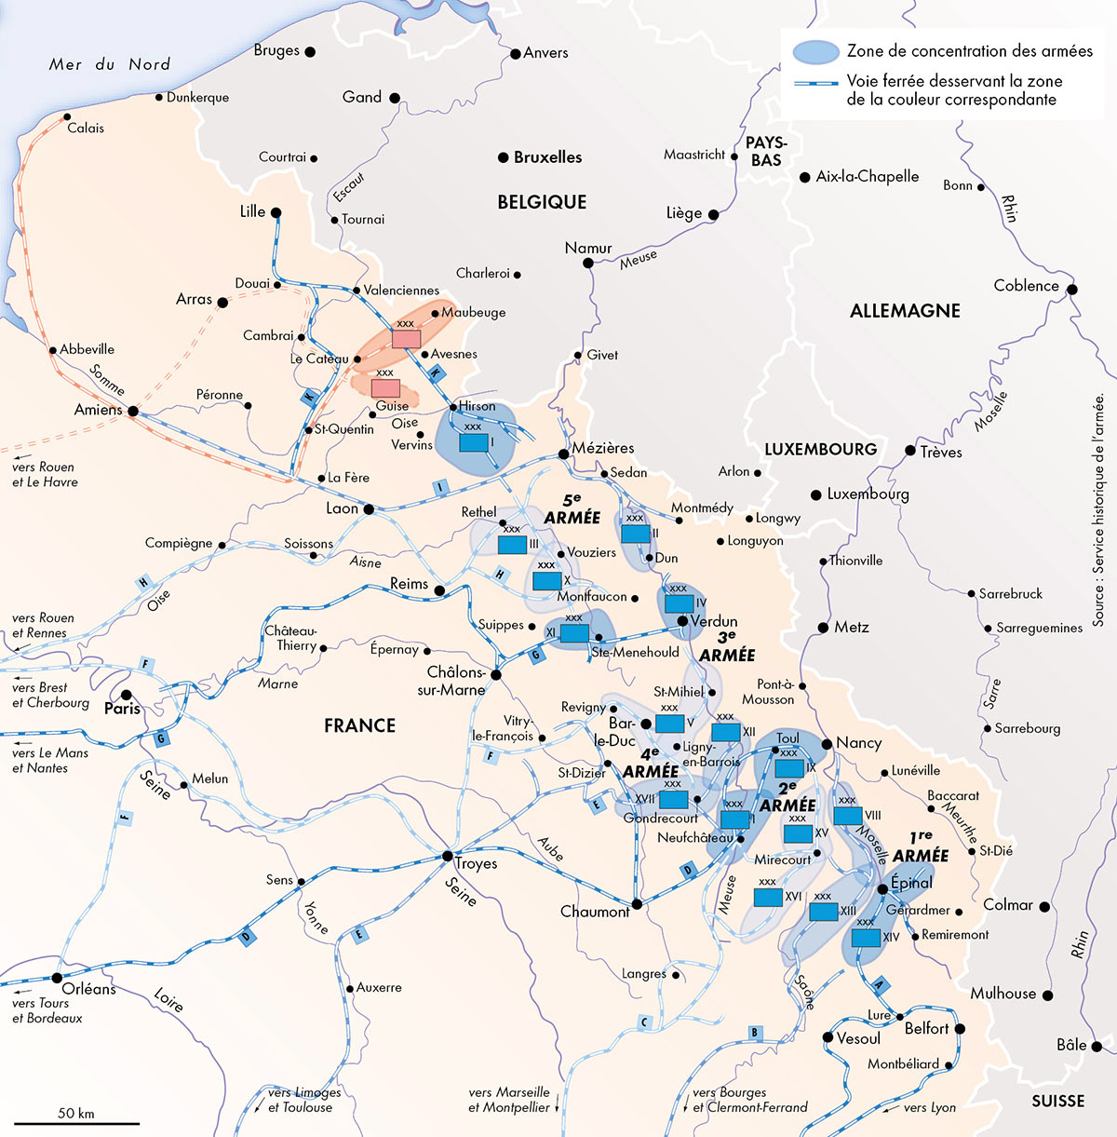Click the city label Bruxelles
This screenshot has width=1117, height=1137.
point(547,157)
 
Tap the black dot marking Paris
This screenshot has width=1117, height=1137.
point(127,694)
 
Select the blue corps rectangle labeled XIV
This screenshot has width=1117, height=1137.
point(866,938)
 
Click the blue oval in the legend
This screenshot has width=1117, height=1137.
point(815,52)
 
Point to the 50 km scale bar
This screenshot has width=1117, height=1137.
point(77,1124)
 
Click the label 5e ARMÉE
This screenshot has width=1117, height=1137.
point(572,508)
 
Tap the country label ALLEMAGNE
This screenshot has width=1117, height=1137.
point(905,311)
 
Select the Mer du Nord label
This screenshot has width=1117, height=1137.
point(110,64)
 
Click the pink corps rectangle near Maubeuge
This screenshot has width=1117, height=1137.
point(406,339)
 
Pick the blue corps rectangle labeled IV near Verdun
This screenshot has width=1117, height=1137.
point(679,603)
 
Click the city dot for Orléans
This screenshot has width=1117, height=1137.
point(56,977)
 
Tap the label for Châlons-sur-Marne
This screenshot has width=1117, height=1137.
point(456,681)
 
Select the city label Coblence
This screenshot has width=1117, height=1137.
point(1026,286)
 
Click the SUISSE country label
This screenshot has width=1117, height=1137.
point(1057,1101)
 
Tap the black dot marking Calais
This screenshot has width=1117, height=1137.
point(67,116)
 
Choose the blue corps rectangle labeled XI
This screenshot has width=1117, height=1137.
point(574,633)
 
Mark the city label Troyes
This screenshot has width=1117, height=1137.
point(476,863)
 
